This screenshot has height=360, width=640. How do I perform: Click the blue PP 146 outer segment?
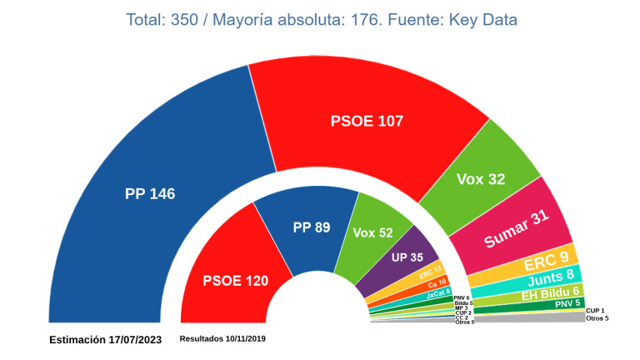pyautogui.click(x=150, y=193)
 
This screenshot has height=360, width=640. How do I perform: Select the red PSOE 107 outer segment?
pyautogui.click(x=367, y=121)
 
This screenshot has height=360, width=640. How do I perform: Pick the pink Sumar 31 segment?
pyautogui.click(x=517, y=229)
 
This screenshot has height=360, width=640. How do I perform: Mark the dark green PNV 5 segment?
pyautogui.click(x=567, y=304)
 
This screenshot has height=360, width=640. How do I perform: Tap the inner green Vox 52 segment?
pyautogui.click(x=372, y=233)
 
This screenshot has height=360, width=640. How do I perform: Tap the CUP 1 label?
pyautogui.click(x=596, y=310)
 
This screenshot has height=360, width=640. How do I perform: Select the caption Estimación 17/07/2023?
pyautogui.click(x=105, y=339)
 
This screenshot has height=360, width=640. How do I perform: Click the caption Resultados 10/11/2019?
pyautogui.click(x=222, y=338)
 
